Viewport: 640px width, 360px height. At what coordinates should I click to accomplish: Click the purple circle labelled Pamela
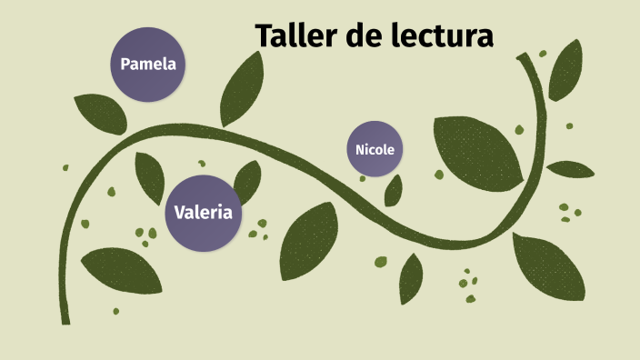(147, 65)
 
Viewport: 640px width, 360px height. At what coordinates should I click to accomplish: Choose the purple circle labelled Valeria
(203, 213)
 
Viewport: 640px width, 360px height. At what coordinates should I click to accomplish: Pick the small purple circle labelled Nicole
(375, 149)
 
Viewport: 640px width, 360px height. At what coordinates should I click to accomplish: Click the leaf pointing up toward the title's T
(240, 91)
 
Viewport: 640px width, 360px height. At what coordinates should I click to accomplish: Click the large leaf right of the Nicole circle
(477, 149)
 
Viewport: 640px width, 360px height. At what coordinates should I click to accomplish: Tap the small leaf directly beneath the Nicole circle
(394, 190)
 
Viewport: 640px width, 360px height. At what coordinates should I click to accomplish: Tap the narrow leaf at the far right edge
(570, 169)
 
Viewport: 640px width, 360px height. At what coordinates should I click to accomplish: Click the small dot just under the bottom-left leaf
(115, 312)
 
